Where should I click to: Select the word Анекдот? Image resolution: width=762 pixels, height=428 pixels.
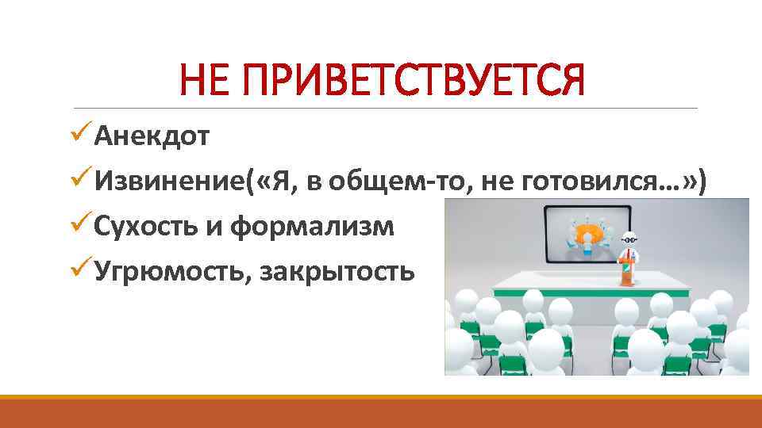point(152,137)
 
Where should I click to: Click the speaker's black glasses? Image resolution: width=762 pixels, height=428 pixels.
point(629,237)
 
